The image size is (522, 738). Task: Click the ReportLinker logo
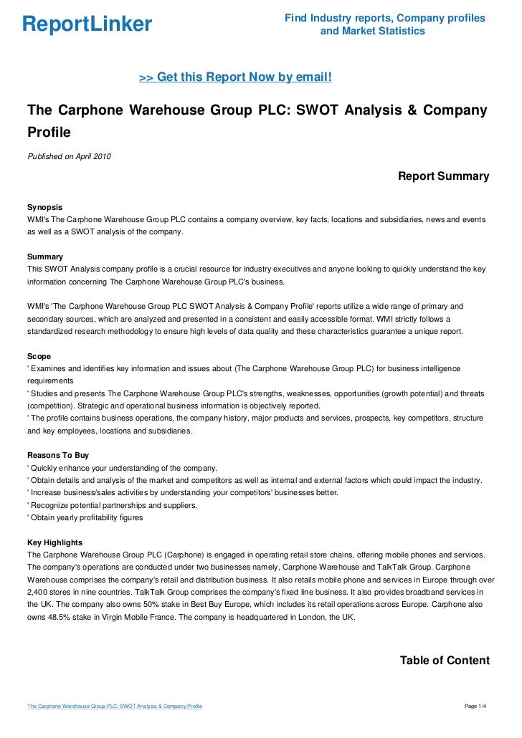pyautogui.click(x=87, y=24)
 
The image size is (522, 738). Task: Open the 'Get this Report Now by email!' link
pyautogui.click(x=234, y=77)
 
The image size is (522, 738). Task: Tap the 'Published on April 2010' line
pyautogui.click(x=69, y=156)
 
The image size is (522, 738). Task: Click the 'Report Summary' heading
pyautogui.click(x=443, y=176)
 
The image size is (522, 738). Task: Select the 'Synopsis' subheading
pyautogui.click(x=44, y=206)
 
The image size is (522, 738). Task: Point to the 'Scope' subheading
pyautogui.click(x=39, y=355)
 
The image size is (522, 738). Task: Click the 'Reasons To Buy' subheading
pyautogui.click(x=58, y=454)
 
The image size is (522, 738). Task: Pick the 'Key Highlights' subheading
pyautogui.click(x=54, y=542)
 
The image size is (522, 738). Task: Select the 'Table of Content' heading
pyautogui.click(x=445, y=661)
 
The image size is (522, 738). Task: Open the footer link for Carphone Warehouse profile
pyautogui.click(x=114, y=706)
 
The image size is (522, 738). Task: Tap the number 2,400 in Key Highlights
pyautogui.click(x=38, y=593)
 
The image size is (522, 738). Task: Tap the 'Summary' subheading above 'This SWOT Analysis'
pyautogui.click(x=44, y=257)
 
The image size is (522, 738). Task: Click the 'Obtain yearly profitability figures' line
pyautogui.click(x=86, y=517)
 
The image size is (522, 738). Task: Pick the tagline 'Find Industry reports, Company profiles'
pyautogui.click(x=384, y=18)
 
